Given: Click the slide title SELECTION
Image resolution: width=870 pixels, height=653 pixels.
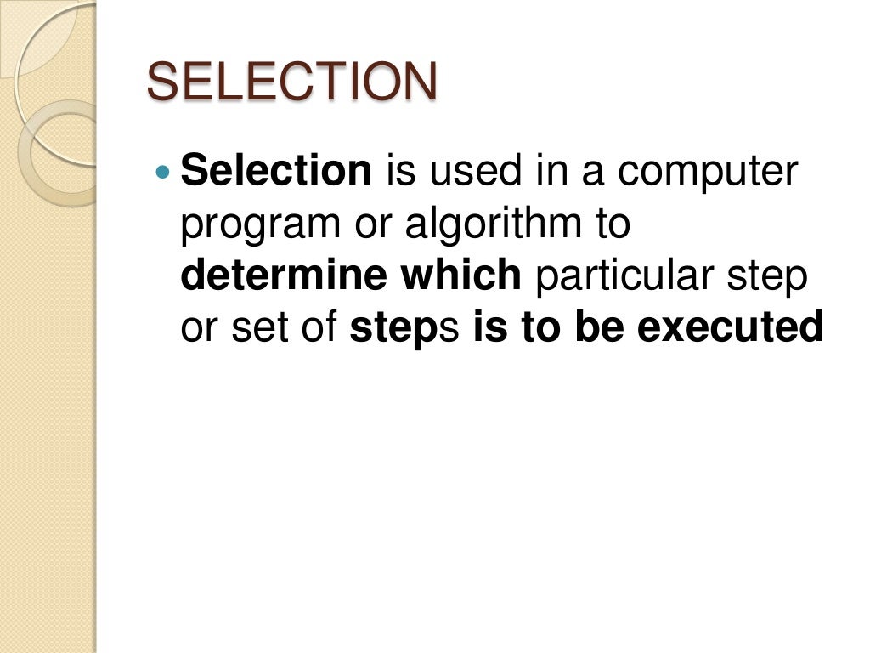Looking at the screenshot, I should (x=292, y=82).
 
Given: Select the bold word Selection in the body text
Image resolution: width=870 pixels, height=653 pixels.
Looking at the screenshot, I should (x=276, y=171).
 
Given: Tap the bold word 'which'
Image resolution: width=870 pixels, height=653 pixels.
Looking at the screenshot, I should (x=462, y=275).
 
